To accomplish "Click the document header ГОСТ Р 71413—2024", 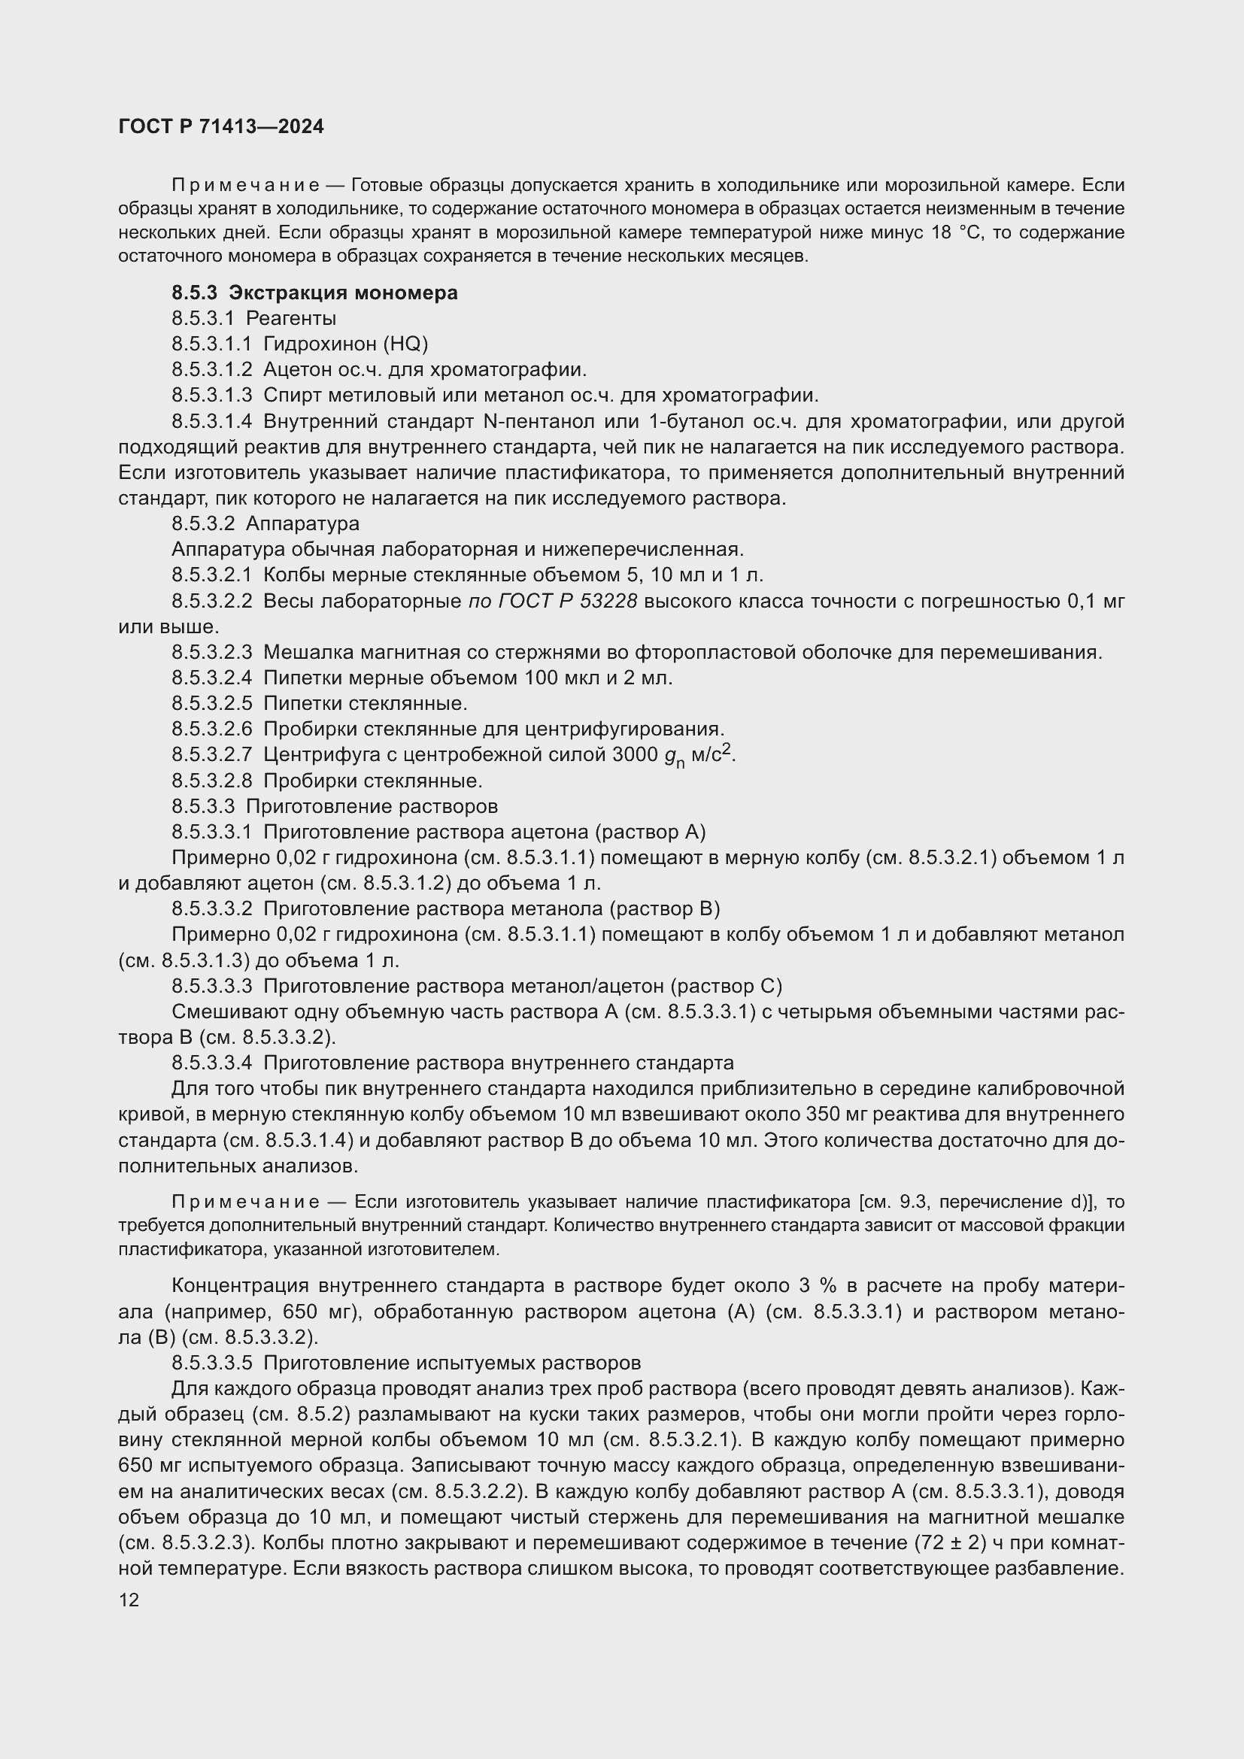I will click(x=221, y=127).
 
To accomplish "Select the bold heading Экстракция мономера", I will click(x=343, y=293).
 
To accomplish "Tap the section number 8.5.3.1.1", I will click(x=211, y=344).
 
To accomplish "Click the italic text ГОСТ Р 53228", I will click(x=552, y=602).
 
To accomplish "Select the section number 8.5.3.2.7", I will click(x=211, y=754).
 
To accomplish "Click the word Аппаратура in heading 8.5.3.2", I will click(x=302, y=524).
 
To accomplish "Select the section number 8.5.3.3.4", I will click(x=211, y=1063).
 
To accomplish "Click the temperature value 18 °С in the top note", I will click(x=956, y=233).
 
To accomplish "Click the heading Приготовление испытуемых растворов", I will click(x=452, y=1363).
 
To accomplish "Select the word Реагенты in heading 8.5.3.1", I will click(x=291, y=319).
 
